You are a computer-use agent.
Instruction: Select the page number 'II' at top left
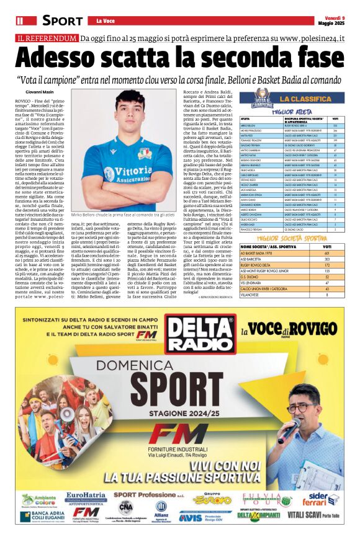[x=20, y=20]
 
